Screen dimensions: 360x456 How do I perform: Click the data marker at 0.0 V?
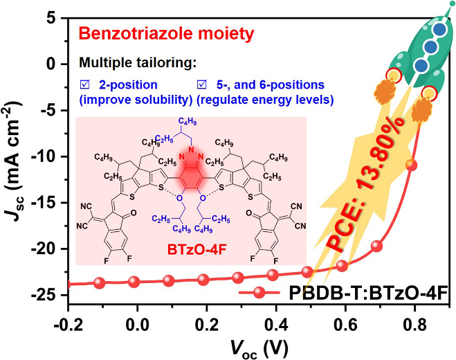coord(134,282)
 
